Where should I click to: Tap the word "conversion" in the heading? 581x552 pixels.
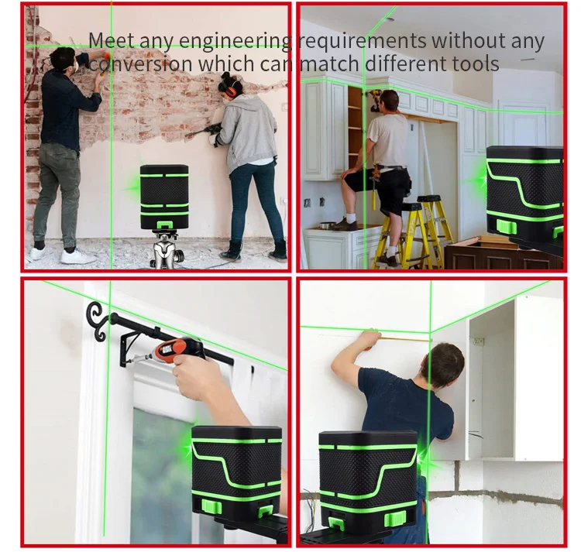[x=141, y=63]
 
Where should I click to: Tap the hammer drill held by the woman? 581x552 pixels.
[x=204, y=132]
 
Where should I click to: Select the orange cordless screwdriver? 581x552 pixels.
[x=174, y=350]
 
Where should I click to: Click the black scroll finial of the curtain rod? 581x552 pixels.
[x=98, y=321]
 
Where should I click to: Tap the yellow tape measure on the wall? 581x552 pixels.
[x=404, y=338]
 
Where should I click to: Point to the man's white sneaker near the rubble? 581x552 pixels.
[x=77, y=256]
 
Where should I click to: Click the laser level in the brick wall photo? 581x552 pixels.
[x=164, y=197]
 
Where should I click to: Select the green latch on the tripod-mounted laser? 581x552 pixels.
[x=163, y=225]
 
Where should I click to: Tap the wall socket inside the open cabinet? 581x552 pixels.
[x=479, y=341]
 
